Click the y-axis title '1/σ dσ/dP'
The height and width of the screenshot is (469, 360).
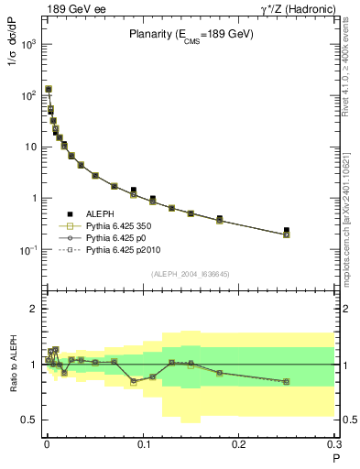(14, 70)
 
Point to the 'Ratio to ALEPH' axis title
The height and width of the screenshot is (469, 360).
(14, 364)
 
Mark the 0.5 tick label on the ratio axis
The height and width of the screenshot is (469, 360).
(29, 420)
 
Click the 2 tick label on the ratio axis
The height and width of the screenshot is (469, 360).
(34, 309)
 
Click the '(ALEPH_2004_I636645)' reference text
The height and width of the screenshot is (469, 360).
(190, 273)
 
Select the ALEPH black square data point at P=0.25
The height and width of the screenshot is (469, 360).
(287, 231)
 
